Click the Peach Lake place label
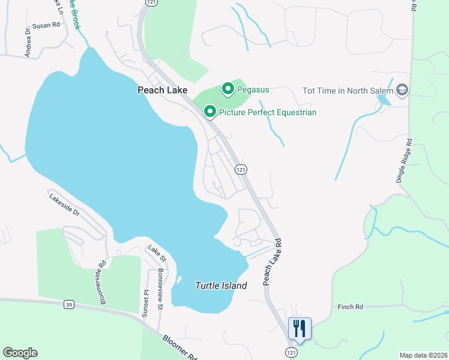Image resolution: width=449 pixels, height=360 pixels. pyautogui.click(x=162, y=90)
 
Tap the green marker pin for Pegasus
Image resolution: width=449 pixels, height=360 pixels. pyautogui.click(x=228, y=89)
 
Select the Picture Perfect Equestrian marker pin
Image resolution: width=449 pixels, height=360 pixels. pyautogui.click(x=210, y=112)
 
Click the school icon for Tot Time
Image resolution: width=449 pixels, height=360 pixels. pyautogui.click(x=402, y=91)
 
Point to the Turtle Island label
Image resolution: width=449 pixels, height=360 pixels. pyautogui.click(x=221, y=286)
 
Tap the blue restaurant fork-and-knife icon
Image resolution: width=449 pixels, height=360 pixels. pyautogui.click(x=300, y=328)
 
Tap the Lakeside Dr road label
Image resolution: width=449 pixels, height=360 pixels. pyautogui.click(x=64, y=203)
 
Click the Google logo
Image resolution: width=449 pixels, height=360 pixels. pyautogui.click(x=20, y=353)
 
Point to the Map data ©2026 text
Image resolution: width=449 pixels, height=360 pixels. pyautogui.click(x=423, y=355)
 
